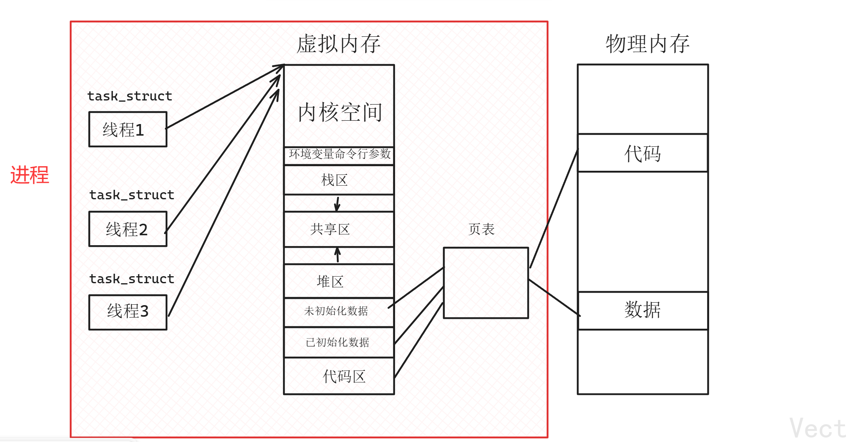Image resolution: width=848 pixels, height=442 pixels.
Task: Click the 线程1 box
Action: click(x=128, y=129)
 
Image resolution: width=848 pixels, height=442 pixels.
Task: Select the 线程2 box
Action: click(x=128, y=229)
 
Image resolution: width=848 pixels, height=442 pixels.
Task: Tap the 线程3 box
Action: click(x=128, y=312)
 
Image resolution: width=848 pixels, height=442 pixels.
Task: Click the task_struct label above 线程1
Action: click(x=130, y=96)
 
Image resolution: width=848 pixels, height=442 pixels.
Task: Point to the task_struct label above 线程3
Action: click(x=132, y=279)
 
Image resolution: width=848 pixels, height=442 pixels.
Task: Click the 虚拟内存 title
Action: click(x=338, y=44)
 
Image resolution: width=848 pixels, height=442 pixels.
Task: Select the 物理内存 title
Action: click(x=648, y=44)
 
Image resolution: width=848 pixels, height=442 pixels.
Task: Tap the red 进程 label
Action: click(x=30, y=175)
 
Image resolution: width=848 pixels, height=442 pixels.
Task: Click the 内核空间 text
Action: click(x=340, y=112)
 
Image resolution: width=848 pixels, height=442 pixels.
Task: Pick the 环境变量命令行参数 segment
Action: click(x=339, y=154)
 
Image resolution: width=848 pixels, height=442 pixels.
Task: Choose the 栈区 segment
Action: click(x=335, y=180)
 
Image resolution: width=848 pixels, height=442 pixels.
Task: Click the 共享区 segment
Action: click(x=330, y=229)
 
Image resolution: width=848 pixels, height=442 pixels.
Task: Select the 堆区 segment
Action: click(x=330, y=282)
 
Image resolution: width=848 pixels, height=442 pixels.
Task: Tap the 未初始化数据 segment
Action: click(x=336, y=311)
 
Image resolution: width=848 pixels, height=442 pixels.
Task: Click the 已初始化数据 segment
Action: click(x=337, y=342)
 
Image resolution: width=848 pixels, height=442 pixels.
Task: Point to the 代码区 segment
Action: click(x=344, y=376)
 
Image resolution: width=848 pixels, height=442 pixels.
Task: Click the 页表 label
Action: click(x=481, y=229)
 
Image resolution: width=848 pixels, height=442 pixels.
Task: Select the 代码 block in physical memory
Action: click(x=643, y=153)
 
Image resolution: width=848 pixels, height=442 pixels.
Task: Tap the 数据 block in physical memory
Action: click(x=643, y=310)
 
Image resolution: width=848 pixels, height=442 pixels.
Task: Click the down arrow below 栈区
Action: click(x=337, y=203)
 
